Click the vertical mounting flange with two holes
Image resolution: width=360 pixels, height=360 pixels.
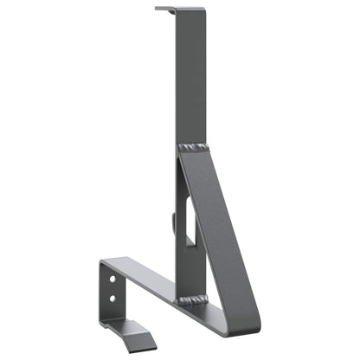pos(110,290)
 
